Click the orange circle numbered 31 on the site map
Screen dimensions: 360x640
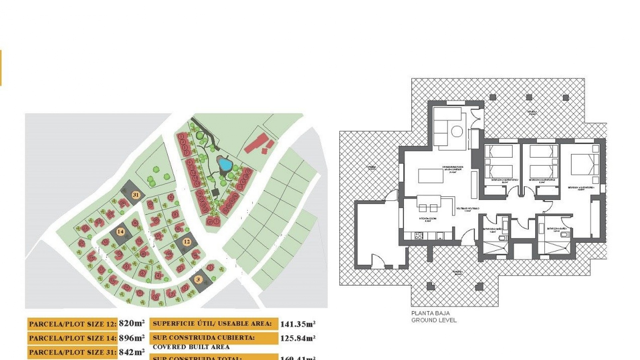(135, 195)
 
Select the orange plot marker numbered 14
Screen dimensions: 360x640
(120, 231)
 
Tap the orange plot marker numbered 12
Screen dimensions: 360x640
(187, 242)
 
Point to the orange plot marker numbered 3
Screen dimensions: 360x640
(198, 279)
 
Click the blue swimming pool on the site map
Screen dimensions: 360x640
(224, 164)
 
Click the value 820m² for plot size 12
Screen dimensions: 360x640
(132, 323)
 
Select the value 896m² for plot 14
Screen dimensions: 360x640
(132, 338)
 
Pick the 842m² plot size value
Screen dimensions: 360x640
(132, 352)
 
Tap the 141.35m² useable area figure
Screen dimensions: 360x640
(298, 324)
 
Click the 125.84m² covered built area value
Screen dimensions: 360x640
(298, 338)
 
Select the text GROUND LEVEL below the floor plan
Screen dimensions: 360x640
(434, 320)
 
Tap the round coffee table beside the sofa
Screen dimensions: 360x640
(457, 131)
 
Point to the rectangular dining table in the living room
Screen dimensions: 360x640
(431, 176)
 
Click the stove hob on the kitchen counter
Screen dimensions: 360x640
(418, 236)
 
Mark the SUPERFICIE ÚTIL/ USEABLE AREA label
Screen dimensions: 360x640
(212, 324)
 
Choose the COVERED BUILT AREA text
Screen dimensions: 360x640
(191, 347)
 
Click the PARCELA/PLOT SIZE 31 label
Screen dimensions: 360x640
(72, 352)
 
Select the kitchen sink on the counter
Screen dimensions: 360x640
(440, 236)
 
